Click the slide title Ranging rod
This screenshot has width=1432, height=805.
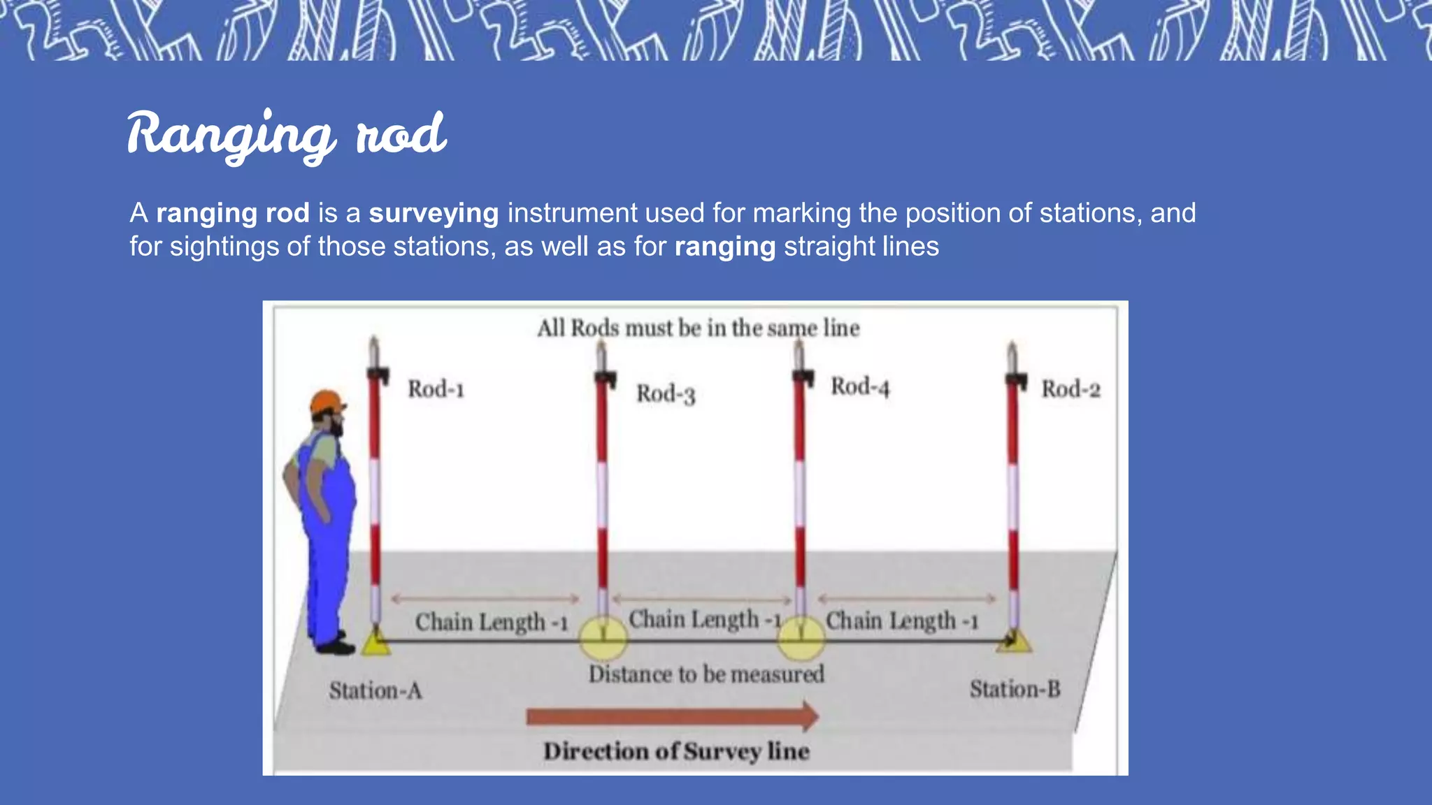[x=287, y=134]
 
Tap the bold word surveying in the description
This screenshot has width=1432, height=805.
[x=434, y=213]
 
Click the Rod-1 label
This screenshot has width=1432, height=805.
[x=436, y=389]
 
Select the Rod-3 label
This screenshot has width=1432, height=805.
[x=666, y=394]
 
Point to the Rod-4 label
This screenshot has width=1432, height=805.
[x=860, y=386]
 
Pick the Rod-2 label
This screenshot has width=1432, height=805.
[x=1071, y=389]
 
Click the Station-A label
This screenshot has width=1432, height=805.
[x=375, y=691]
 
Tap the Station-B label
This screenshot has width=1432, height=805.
[x=1015, y=690]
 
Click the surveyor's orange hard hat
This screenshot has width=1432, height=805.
[x=327, y=402]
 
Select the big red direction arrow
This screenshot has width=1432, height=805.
[x=672, y=717]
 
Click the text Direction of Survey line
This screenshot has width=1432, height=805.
[x=676, y=751]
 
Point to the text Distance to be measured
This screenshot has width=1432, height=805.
[x=706, y=674]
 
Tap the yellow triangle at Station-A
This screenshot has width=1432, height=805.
[x=376, y=643]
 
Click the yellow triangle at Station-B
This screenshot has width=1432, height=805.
[x=1015, y=641]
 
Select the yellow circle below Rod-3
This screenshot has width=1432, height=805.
[x=603, y=638]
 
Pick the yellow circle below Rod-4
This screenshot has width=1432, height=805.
[x=801, y=638]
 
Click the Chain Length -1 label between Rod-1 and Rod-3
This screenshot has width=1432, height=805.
[x=491, y=622]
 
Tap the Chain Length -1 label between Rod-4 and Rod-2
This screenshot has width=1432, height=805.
[x=902, y=621]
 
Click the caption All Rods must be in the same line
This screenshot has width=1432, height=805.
[x=698, y=328]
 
